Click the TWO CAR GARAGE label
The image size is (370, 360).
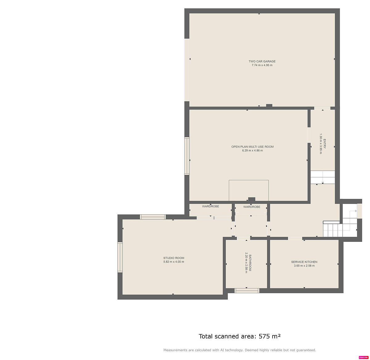pos(262,61)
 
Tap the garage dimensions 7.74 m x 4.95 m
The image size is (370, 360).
pos(262,65)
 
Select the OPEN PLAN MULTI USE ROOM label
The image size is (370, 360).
pos(252,147)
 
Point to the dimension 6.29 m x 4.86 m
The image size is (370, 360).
pos(252,151)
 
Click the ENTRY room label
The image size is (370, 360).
pos(324,144)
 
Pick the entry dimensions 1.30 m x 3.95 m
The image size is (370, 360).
pos(321,144)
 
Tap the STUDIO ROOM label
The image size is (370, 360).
pos(174,258)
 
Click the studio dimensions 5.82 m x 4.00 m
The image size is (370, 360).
pos(174,262)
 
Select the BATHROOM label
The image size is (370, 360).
pos(250,263)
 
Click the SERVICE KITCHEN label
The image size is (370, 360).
pos(304,262)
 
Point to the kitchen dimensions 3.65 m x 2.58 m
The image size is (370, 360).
pos(304,266)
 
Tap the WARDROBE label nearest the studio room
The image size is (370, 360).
pos(211,206)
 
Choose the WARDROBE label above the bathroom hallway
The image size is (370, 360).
pos(252,207)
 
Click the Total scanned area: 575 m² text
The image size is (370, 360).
pos(240,336)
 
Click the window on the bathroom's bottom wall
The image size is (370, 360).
pos(247,291)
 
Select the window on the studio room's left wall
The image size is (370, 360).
pos(120,257)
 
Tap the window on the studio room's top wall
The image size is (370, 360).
pos(153,217)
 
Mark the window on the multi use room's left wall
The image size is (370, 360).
pos(187,156)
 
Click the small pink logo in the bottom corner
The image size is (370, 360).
pos(364,357)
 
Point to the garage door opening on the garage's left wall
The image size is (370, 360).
pos(187,70)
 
